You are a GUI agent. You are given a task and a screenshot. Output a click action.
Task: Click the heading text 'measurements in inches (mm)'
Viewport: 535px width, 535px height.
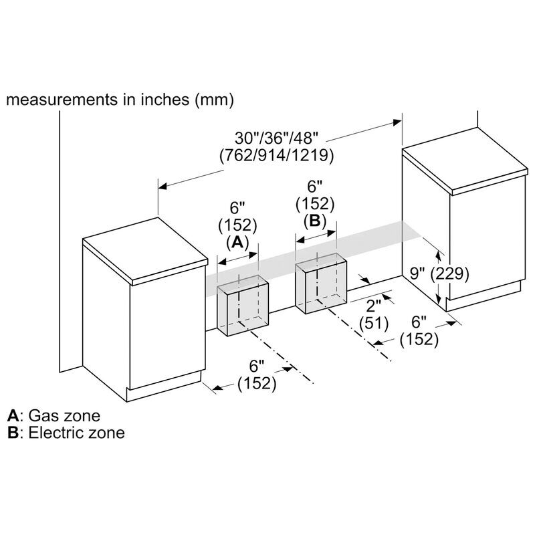point(120,100)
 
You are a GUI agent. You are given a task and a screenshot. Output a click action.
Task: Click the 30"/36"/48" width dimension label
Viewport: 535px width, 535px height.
point(276,138)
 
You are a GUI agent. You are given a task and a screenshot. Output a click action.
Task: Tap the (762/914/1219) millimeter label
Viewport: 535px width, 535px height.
point(276,155)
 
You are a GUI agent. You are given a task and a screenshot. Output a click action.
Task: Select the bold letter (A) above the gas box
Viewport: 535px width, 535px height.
point(237,242)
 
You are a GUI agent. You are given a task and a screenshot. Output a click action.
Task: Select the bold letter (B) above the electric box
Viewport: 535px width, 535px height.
point(315,221)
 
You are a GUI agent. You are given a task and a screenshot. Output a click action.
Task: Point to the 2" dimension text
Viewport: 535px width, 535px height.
point(373,306)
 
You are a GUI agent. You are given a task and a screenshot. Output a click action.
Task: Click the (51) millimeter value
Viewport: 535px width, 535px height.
point(374,323)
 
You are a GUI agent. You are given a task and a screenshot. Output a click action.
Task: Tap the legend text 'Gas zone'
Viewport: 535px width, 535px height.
point(64,415)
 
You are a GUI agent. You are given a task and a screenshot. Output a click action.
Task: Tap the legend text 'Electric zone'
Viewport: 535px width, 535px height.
point(76,433)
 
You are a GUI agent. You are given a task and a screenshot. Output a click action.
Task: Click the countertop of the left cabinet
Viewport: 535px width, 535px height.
point(145,251)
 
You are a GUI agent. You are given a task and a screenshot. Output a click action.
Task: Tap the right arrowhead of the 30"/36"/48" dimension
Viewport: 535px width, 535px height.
point(397,122)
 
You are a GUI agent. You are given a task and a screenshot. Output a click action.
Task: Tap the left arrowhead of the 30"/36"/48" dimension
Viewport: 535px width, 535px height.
point(163,187)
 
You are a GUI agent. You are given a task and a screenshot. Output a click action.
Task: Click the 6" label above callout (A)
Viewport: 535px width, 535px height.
point(237,207)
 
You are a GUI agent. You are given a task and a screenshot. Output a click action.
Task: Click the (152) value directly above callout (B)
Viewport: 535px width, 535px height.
point(315,204)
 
